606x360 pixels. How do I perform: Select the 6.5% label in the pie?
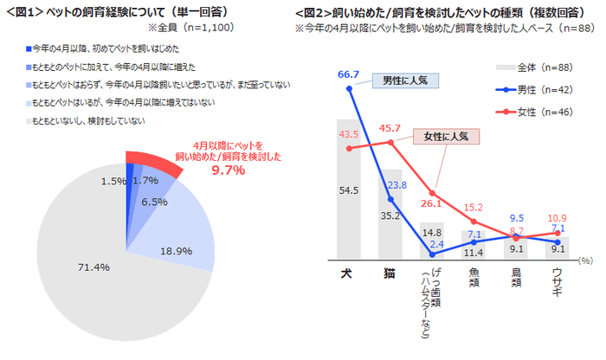click(154, 202)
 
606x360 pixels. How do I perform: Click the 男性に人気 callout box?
click(408, 80)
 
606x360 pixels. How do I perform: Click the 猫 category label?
click(390, 272)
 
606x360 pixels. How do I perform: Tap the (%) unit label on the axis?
click(586, 259)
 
